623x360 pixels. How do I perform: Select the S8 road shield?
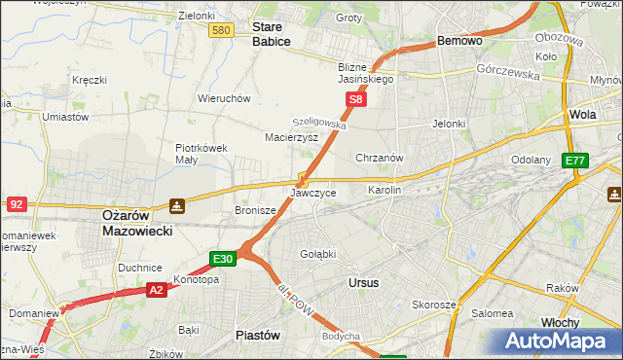point(356,99)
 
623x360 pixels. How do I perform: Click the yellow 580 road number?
point(221,31)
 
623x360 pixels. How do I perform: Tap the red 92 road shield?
point(17,204)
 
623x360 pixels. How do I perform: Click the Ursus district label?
point(363,282)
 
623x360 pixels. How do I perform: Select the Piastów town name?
point(258,335)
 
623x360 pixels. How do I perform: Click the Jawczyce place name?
point(313,193)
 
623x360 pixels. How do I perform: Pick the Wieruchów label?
point(225,98)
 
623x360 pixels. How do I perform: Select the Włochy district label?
point(588,322)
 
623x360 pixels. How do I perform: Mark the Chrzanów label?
point(380,158)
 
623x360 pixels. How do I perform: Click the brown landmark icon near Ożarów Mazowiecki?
point(176,205)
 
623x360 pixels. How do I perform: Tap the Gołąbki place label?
point(318,254)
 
